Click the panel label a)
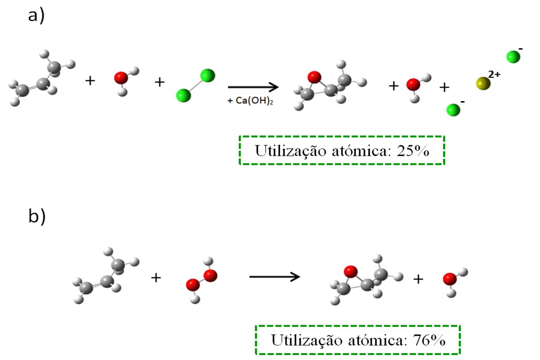tap(36, 16)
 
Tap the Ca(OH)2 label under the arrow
tap(251, 101)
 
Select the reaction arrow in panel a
tap(253, 87)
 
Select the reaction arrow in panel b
tap(275, 277)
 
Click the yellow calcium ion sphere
tap(483, 83)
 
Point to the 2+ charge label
tap(494, 74)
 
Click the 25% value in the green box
tap(413, 151)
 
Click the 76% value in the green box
tap(429, 340)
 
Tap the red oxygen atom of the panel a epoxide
tap(314, 77)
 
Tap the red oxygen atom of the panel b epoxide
tap(350, 271)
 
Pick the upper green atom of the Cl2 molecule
tap(208, 76)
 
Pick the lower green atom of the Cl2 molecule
tap(183, 95)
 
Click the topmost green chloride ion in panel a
tap(513, 57)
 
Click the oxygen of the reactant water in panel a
tap(121, 78)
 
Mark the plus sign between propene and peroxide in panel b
tap(156, 277)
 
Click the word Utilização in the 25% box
tap(290, 151)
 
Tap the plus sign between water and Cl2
tap(159, 82)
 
